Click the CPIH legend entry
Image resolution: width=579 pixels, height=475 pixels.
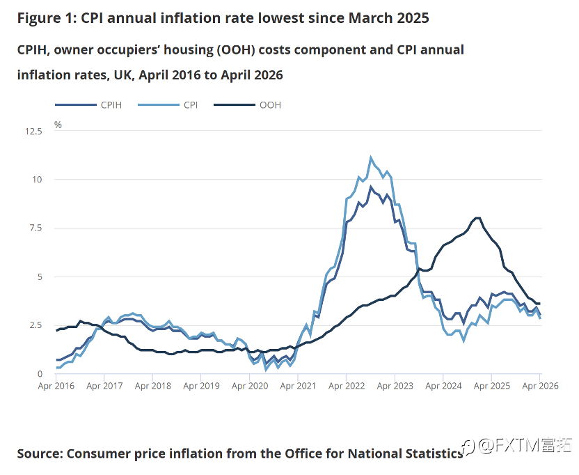88,105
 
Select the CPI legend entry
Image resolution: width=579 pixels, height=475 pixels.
168,105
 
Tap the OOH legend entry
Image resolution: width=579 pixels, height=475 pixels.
248,105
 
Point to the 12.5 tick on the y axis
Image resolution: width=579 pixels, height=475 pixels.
33,131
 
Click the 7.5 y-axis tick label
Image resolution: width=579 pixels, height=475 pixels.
35,228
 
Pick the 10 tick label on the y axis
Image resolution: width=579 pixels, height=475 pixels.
38,180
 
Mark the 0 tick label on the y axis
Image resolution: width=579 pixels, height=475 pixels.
40,374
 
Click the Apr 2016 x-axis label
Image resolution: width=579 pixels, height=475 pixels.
56,386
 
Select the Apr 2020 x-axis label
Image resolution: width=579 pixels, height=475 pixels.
250,386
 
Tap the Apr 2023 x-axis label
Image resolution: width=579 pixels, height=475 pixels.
395,386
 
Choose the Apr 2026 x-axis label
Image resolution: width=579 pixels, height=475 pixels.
540,386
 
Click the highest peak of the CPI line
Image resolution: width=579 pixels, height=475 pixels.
371,157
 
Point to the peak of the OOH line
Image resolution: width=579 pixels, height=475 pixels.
478,218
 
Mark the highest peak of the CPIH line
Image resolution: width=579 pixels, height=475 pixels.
371,187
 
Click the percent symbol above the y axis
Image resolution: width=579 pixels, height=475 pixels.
58,125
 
